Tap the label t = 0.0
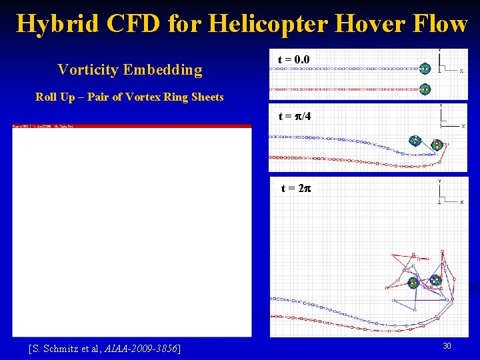(293, 60)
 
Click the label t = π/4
(295, 117)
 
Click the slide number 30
(447, 346)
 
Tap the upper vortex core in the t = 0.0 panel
(424, 67)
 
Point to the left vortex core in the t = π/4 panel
(415, 140)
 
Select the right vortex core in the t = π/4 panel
(436, 145)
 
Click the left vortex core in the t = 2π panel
(413, 283)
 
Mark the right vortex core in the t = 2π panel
(435, 281)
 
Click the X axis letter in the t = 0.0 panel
(461, 72)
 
